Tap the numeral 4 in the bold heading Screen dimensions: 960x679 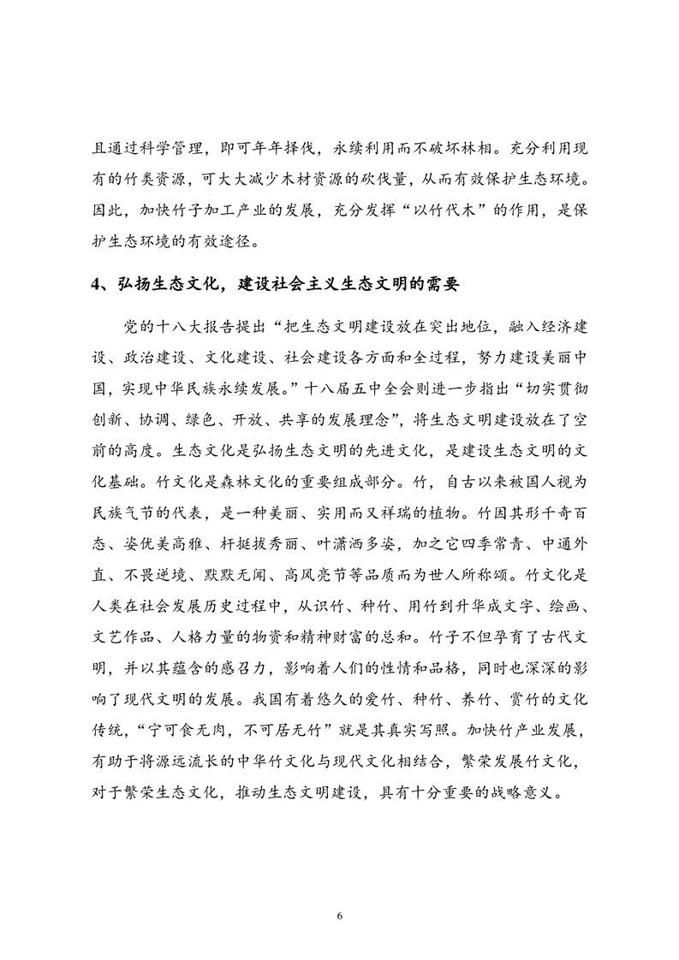tap(97, 285)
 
